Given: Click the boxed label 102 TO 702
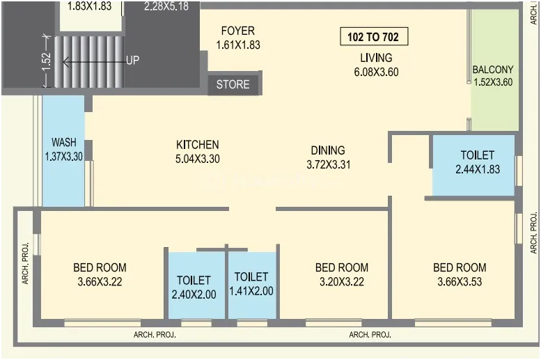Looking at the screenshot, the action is click(374, 37).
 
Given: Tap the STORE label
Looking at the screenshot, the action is click(233, 84).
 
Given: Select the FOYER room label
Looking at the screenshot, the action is click(237, 31).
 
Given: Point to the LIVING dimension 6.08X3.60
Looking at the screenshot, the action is click(376, 72).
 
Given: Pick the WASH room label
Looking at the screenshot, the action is click(64, 142).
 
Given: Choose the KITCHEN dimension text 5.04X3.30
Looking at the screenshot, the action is click(197, 159).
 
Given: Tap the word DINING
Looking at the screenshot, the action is click(328, 150).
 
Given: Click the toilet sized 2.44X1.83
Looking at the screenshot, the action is click(473, 165).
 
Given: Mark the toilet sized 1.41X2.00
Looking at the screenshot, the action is click(252, 285).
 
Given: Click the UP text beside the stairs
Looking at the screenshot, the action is click(133, 61).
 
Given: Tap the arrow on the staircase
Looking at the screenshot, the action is click(94, 63).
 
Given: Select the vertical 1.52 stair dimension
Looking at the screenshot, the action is click(47, 61).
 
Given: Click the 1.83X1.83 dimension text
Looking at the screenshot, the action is click(90, 6).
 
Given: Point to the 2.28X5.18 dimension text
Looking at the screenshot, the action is click(166, 6).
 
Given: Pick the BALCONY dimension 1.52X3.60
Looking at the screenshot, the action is click(493, 82).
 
